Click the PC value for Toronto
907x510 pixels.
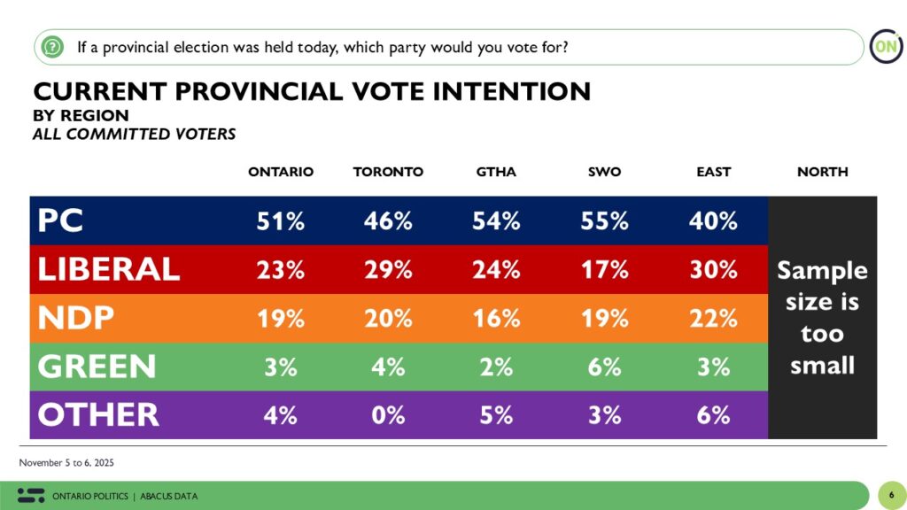pyautogui.click(x=388, y=221)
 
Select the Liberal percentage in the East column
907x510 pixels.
pyautogui.click(x=713, y=269)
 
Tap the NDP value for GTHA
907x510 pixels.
pyautogui.click(x=496, y=319)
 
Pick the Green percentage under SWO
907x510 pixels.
pyautogui.click(x=605, y=367)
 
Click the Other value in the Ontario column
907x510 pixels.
pyautogui.click(x=281, y=414)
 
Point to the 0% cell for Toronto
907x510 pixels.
pyautogui.click(x=388, y=414)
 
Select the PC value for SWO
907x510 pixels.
pyautogui.click(x=605, y=221)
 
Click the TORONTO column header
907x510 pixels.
pyautogui.click(x=388, y=172)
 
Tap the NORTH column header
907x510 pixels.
pyautogui.click(x=822, y=172)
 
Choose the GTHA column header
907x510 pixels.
pyautogui.click(x=496, y=172)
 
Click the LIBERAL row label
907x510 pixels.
pyautogui.click(x=108, y=269)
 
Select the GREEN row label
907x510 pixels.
pyautogui.click(x=97, y=367)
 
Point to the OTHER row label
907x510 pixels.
pyautogui.click(x=97, y=414)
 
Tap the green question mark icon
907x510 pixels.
pyautogui.click(x=52, y=47)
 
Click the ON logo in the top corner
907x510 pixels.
pyautogui.click(x=885, y=47)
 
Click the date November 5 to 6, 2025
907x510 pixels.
pyautogui.click(x=66, y=463)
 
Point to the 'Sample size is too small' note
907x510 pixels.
pyautogui.click(x=822, y=317)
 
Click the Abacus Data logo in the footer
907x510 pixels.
pyautogui.click(x=31, y=495)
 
